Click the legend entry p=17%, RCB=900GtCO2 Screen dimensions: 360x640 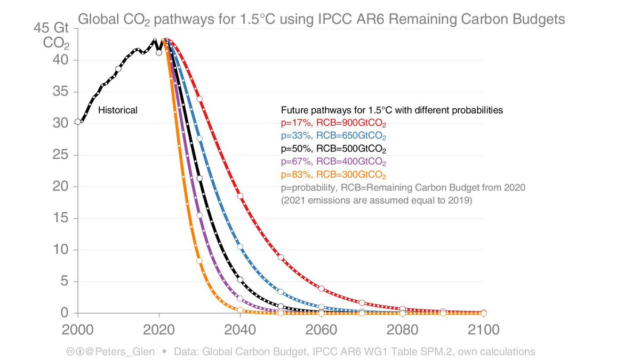333,123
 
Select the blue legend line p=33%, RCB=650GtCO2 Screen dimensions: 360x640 333,135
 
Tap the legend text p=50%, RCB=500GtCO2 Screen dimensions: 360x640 333,148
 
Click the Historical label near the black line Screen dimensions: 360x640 118,110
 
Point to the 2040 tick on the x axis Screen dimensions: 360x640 239,330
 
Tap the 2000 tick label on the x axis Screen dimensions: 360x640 78,330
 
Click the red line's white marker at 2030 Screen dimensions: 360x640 199,99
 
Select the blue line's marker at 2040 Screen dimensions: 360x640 240,246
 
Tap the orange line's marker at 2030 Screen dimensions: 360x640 199,261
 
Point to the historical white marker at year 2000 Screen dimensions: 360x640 78,122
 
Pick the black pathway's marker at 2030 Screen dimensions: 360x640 199,178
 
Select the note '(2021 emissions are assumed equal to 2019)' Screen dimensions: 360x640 376,201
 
